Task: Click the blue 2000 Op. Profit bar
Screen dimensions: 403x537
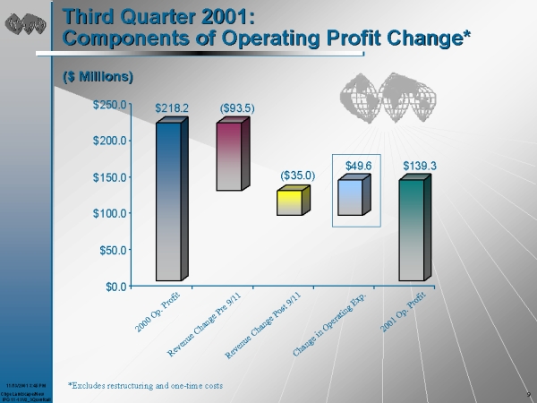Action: (x=168, y=201)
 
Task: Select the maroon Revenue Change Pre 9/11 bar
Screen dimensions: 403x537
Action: (x=229, y=157)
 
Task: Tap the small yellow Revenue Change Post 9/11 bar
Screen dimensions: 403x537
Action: (x=289, y=203)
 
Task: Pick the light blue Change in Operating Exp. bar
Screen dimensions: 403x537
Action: (x=350, y=198)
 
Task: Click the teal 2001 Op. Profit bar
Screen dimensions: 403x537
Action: (x=411, y=230)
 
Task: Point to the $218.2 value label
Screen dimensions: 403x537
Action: (x=172, y=108)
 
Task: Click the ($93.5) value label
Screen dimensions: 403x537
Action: (x=238, y=108)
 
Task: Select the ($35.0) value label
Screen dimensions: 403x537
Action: (x=297, y=176)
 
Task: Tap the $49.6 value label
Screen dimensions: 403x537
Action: (x=358, y=166)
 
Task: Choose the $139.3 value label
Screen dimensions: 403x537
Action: (x=419, y=166)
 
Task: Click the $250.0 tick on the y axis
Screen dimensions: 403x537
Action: (x=115, y=105)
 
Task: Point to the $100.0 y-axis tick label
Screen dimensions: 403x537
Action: (x=115, y=213)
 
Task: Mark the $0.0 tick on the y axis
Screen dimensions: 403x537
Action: (x=120, y=286)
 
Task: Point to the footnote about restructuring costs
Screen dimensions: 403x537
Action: (x=145, y=384)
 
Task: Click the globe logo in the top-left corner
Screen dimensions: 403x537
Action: (x=25, y=24)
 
